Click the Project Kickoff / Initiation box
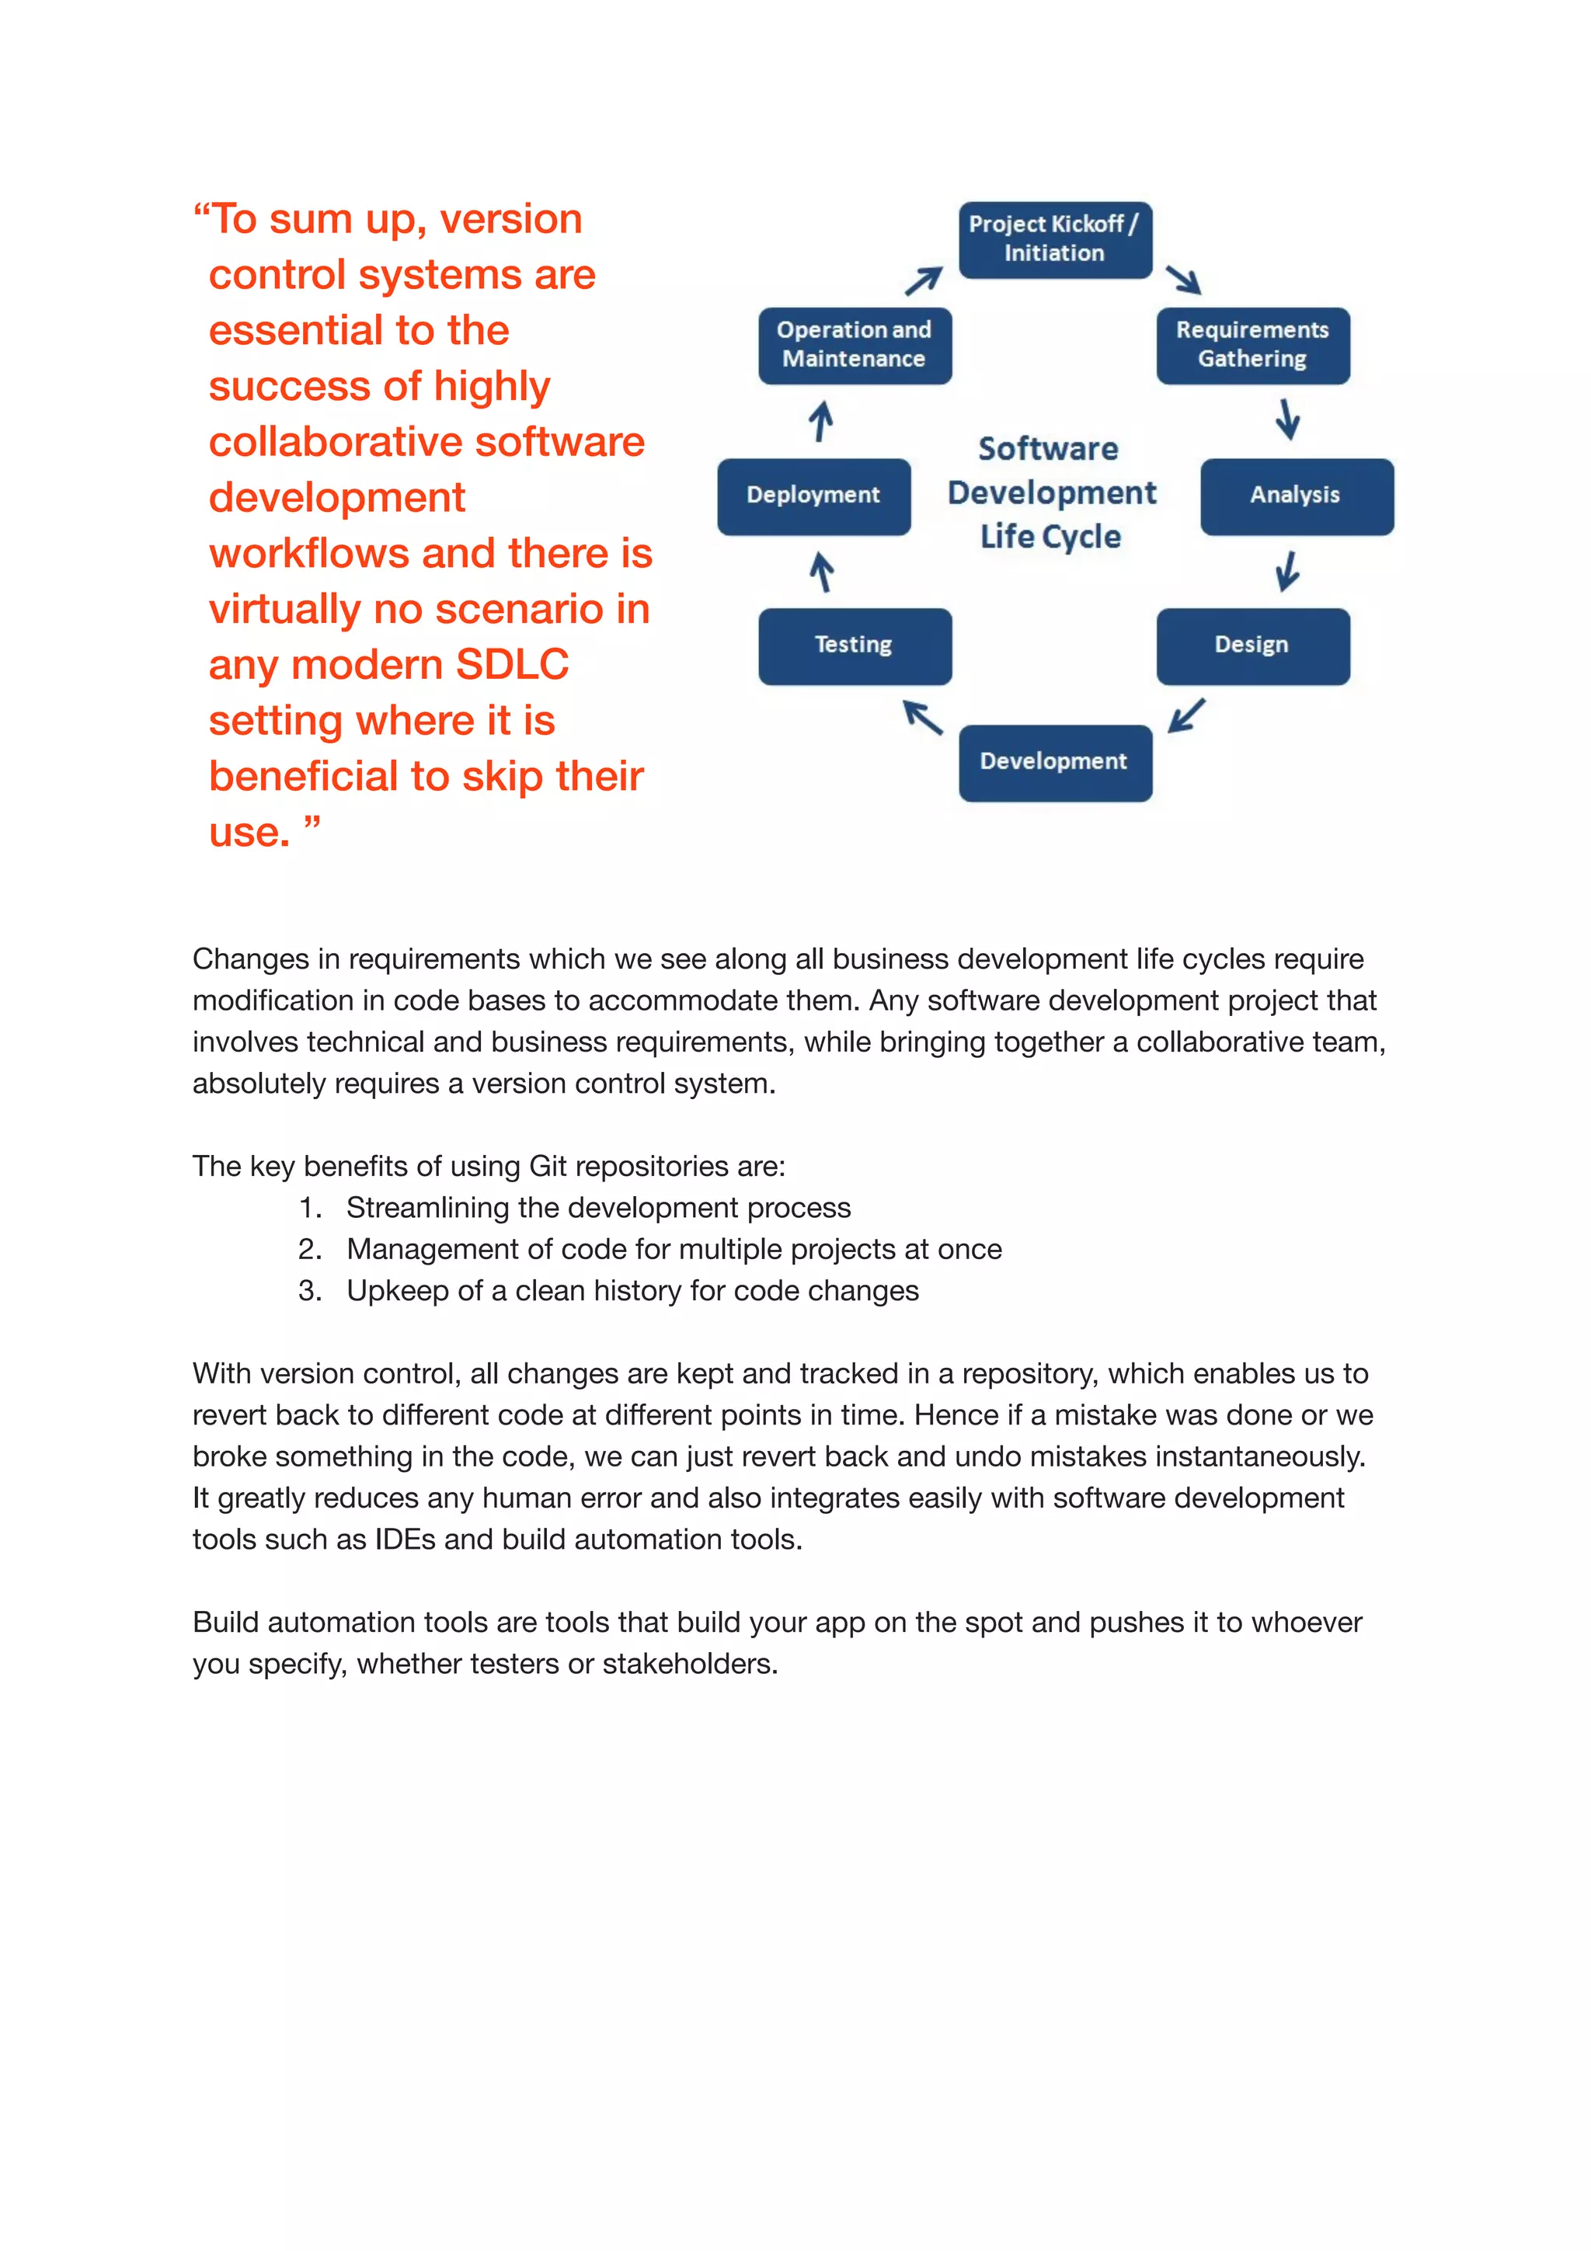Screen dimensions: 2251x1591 pyautogui.click(x=1055, y=239)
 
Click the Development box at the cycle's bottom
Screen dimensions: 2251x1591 pyautogui.click(x=1055, y=763)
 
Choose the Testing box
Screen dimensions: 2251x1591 pyautogui.click(x=854, y=646)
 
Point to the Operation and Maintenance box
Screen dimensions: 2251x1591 pyautogui.click(x=854, y=345)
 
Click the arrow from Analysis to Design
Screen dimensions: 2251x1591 pyautogui.click(x=1287, y=572)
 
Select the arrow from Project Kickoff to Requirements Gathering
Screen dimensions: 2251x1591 pyautogui.click(x=1183, y=280)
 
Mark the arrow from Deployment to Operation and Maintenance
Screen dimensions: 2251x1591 pyautogui.click(x=820, y=422)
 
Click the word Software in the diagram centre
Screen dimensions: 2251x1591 pyautogui.click(x=1048, y=449)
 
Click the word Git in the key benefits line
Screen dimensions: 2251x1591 pyautogui.click(x=548, y=1167)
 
